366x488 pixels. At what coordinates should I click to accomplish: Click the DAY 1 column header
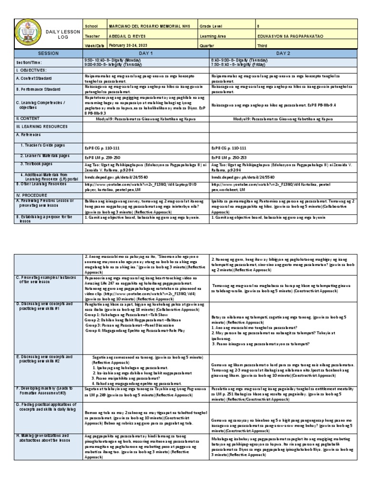click(145, 54)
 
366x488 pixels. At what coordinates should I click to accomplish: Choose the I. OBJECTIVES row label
click(33, 70)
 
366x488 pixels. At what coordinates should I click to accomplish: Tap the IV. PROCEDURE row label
click(32, 195)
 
